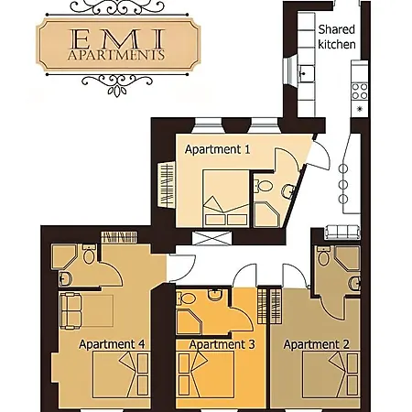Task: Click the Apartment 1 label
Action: click(217, 149)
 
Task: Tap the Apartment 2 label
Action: click(316, 344)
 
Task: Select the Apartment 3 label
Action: click(222, 344)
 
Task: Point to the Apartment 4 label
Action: click(112, 344)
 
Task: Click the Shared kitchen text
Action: click(337, 37)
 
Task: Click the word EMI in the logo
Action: click(117, 38)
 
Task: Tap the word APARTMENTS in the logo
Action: click(116, 55)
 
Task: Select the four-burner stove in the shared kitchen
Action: click(360, 92)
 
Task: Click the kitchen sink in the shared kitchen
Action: click(306, 73)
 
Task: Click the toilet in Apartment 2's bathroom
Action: click(323, 256)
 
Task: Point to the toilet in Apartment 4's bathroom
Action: click(89, 255)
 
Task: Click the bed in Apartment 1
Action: click(226, 199)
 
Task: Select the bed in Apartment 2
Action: click(331, 374)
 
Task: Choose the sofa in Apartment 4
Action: click(71, 310)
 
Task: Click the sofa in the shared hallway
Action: click(342, 233)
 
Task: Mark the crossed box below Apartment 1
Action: click(211, 238)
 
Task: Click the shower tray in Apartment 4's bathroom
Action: click(63, 256)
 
